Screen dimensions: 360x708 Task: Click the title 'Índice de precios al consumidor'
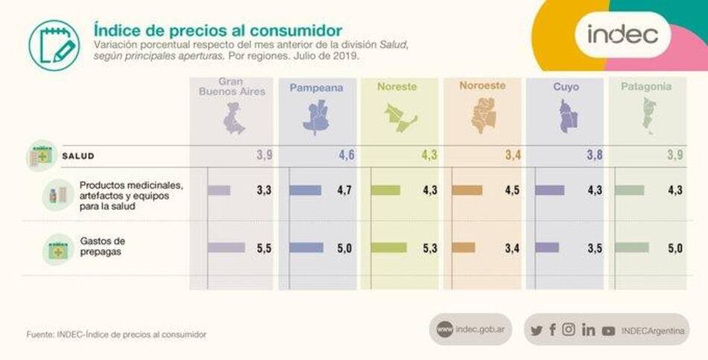218,30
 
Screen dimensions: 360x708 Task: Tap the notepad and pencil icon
54,45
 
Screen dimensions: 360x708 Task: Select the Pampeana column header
316,87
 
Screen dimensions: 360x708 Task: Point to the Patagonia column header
646,86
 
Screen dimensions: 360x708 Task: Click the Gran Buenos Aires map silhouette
234,119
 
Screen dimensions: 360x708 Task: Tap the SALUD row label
78,156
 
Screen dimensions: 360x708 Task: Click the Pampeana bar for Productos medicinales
306,190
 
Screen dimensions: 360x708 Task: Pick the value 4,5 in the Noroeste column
512,190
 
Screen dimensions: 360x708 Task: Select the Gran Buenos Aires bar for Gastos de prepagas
226,247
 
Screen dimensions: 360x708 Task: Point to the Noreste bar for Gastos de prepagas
389,247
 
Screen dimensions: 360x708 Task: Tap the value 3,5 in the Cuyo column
594,248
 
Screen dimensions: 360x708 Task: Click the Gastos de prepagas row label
102,245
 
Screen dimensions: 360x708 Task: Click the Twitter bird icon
536,330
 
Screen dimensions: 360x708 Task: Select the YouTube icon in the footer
608,330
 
